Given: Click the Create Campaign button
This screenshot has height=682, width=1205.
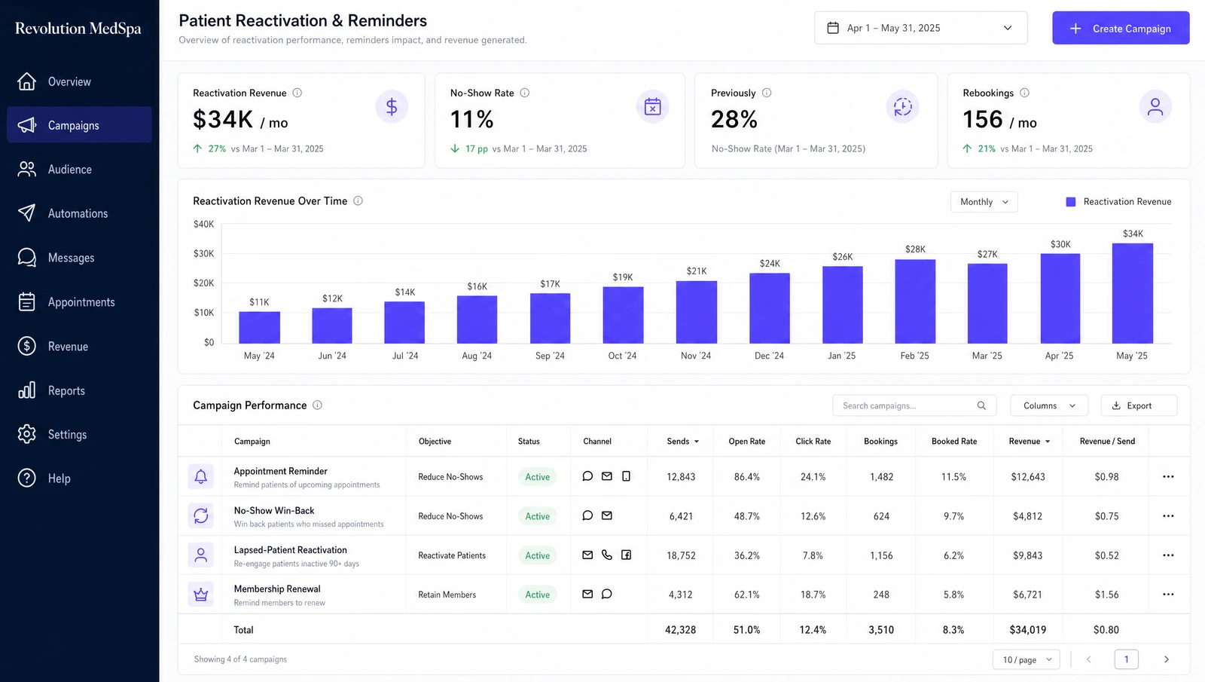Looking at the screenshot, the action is pos(1121,28).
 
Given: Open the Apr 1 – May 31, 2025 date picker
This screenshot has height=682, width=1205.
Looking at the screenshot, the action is pos(920,28).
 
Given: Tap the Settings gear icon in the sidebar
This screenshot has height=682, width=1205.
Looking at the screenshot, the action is pos(26,434).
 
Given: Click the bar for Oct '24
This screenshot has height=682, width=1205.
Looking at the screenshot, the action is pos(623,315).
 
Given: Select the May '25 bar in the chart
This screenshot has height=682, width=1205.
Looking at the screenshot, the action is pos(1133,293).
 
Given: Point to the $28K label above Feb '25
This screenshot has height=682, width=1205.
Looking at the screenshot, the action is pos(915,249).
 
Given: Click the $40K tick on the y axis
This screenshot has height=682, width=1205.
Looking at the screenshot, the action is pos(203,224).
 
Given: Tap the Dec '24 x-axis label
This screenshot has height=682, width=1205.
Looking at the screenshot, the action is pos(769,356).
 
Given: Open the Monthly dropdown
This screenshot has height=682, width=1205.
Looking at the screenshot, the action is pos(984,202).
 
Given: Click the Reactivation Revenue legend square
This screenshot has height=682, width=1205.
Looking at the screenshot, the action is pos(1070,202).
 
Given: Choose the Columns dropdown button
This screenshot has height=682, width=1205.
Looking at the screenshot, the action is pos(1049,405).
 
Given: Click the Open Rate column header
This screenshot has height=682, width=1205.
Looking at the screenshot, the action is pos(746,442).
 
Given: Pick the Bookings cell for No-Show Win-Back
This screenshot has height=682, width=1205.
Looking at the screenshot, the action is pos(881,516).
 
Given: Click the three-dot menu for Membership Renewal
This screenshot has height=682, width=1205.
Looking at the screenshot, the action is pos(1168,595).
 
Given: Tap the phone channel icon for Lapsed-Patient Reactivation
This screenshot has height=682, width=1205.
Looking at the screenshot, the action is pos(607,555).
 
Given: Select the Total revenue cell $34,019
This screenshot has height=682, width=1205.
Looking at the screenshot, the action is pos(1027,630).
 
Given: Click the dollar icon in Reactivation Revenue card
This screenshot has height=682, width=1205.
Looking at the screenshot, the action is pos(392,106).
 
